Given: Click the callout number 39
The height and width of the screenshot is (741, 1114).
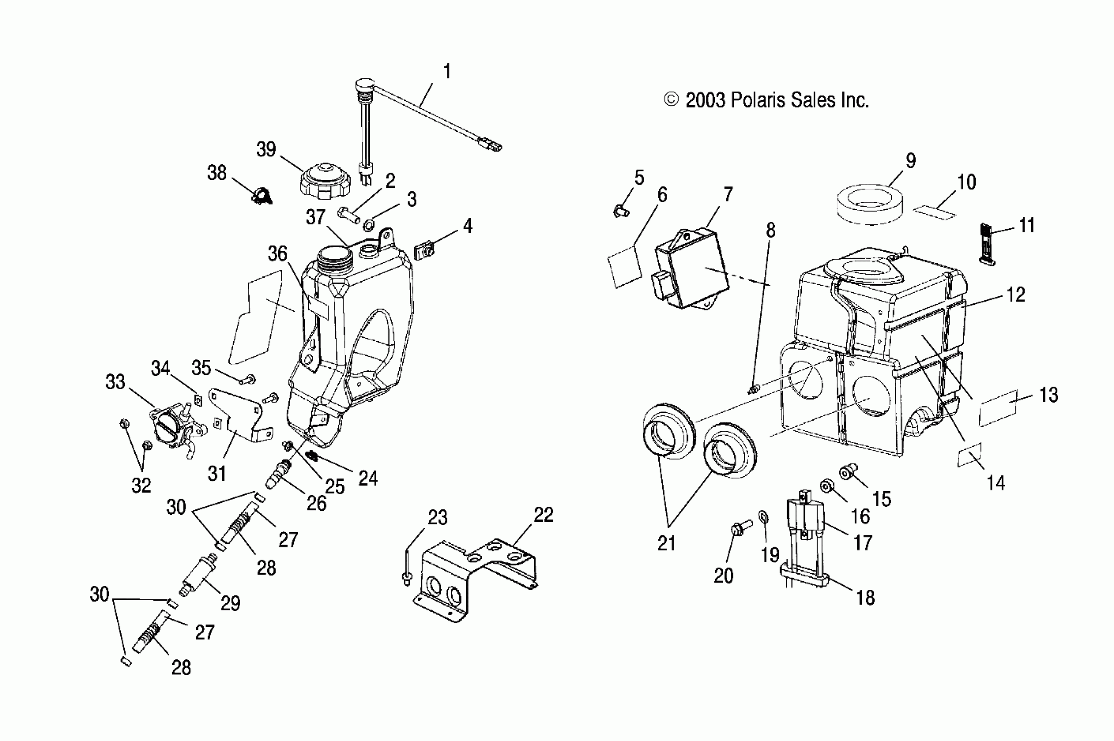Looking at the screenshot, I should [266, 150].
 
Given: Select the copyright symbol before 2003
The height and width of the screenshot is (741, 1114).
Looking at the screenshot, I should [671, 100].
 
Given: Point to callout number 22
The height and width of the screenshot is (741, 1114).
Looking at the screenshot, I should [544, 515].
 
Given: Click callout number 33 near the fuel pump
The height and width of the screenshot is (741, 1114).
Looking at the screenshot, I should [115, 382].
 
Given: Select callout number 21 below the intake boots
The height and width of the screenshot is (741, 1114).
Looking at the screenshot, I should [666, 544].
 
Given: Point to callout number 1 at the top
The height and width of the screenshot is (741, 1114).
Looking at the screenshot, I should [446, 72].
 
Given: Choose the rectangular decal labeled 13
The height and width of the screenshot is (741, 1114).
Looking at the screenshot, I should [997, 408].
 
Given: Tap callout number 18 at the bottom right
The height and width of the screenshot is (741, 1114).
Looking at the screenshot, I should [865, 598].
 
